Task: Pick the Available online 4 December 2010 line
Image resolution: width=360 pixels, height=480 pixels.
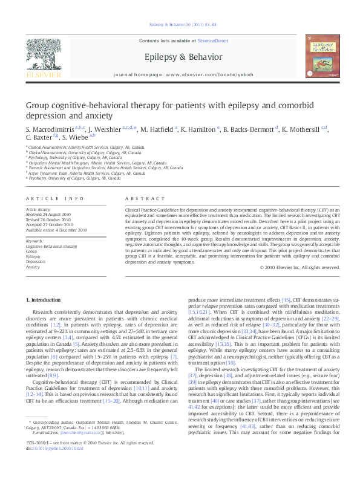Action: [57, 230]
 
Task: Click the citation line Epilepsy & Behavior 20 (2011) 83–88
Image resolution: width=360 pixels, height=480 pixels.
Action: [179, 24]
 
